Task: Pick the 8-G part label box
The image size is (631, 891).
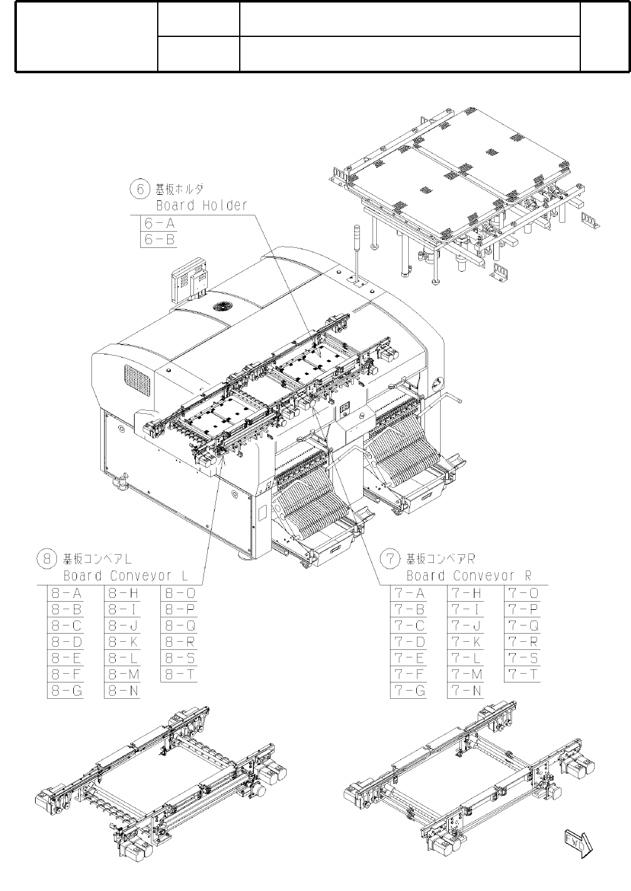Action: [x=65, y=691]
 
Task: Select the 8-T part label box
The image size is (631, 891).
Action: [x=180, y=674]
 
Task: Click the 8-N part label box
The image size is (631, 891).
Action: [x=122, y=691]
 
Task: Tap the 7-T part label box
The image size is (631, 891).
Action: [x=523, y=674]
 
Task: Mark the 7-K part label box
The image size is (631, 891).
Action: [x=466, y=642]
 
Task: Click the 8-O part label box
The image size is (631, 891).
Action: [x=180, y=593]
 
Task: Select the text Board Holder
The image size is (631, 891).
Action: [x=202, y=205]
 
